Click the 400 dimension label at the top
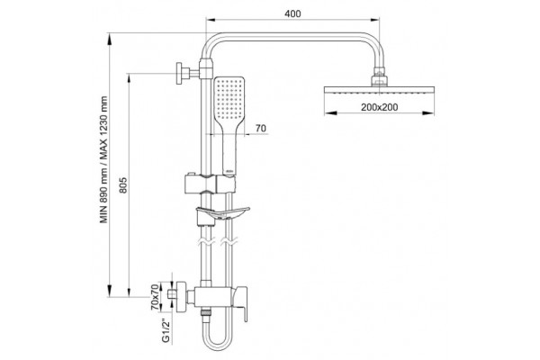(x=292, y=13)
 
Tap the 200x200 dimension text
(x=379, y=107)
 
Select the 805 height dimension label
(x=123, y=185)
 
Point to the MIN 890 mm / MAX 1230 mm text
(x=104, y=159)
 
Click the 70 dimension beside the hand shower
(x=261, y=128)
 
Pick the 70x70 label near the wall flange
(x=156, y=297)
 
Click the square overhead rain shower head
(x=379, y=90)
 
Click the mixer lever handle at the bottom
(x=241, y=304)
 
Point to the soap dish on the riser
(x=222, y=213)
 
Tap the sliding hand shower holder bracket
(x=210, y=184)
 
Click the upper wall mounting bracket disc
(x=180, y=74)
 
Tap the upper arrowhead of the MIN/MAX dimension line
(x=110, y=39)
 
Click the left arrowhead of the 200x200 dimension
(x=330, y=112)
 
